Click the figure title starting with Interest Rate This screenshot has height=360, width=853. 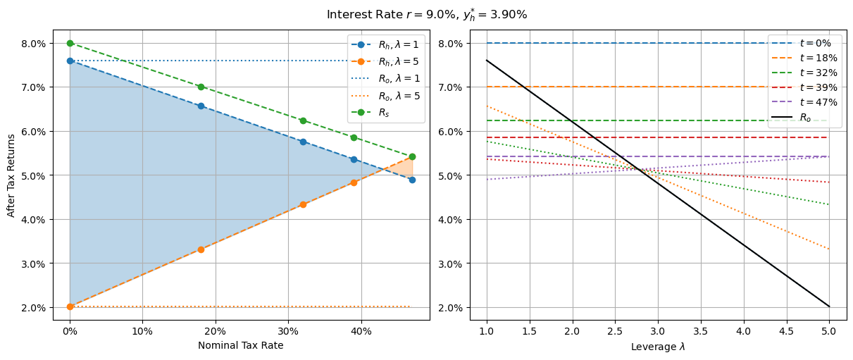(x=426, y=15)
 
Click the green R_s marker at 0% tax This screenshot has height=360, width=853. (x=70, y=43)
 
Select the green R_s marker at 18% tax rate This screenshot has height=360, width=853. (x=201, y=87)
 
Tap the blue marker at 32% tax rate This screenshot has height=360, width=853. (x=303, y=142)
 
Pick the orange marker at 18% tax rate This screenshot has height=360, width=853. (x=201, y=249)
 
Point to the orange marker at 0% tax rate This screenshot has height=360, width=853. (x=70, y=306)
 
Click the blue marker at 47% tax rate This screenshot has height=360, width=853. (x=412, y=180)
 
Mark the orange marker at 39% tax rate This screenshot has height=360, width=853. (x=354, y=182)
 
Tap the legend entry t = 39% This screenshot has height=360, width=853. (x=804, y=87)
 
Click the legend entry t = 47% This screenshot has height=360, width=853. (x=804, y=102)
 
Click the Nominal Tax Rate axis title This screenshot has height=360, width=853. (x=240, y=345)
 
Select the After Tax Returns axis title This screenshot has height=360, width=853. (x=11, y=175)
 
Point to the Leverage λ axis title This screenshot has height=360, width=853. (x=657, y=346)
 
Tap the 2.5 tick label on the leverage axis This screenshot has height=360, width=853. (x=615, y=330)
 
